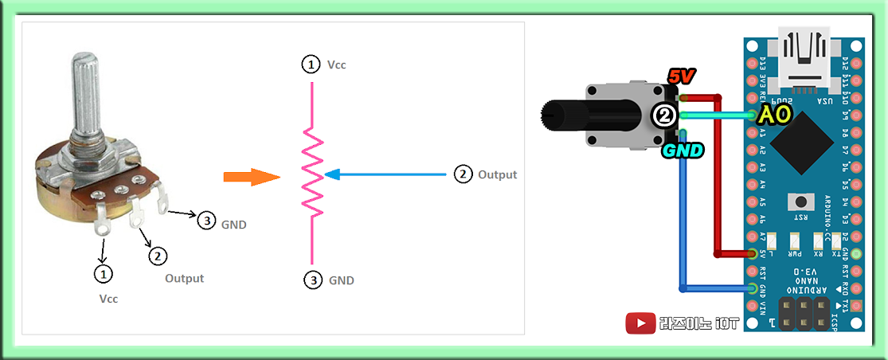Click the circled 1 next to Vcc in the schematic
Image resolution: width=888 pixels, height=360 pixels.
click(310, 65)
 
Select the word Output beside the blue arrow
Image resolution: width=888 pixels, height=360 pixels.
click(497, 174)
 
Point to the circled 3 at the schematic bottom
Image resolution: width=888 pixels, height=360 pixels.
click(314, 280)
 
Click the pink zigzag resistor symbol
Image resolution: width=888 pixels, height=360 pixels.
click(312, 174)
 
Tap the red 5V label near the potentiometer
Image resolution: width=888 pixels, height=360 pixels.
click(682, 77)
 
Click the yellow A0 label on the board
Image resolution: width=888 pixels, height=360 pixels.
click(774, 115)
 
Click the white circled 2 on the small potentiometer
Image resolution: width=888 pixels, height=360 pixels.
click(663, 115)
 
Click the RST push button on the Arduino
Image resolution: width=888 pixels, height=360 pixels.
click(796, 202)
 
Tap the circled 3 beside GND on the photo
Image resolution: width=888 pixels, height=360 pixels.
click(206, 221)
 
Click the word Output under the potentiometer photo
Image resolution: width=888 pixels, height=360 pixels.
click(184, 279)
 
